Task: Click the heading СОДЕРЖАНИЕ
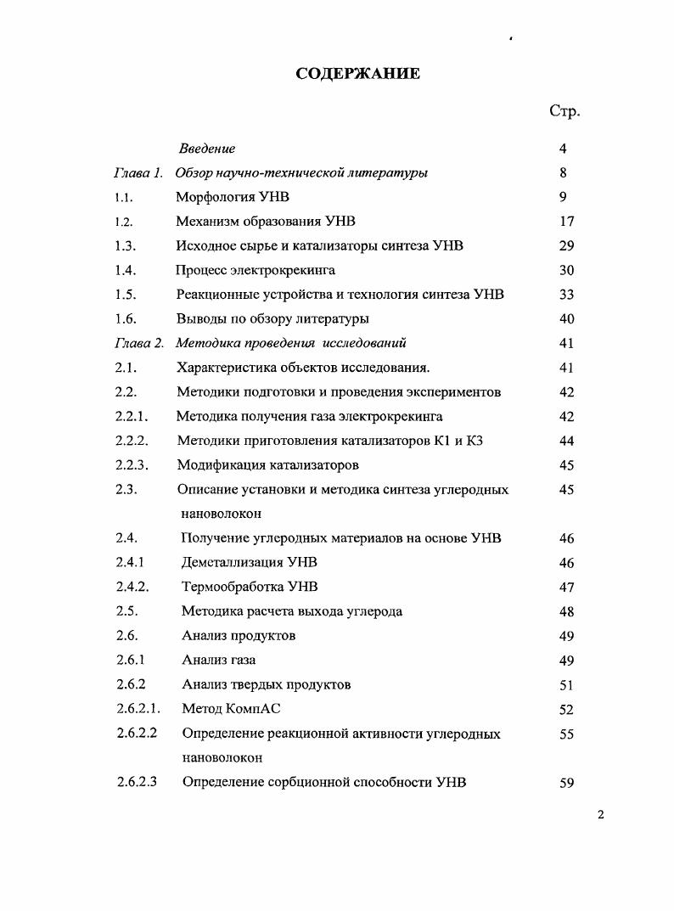357,73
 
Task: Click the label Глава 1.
138,173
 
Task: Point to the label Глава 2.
138,344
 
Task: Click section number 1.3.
126,246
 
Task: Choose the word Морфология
217,198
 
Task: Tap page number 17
567,222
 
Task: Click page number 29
567,246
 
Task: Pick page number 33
567,295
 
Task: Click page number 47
567,588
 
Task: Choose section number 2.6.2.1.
138,709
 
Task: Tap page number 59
567,784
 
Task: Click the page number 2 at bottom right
600,816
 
